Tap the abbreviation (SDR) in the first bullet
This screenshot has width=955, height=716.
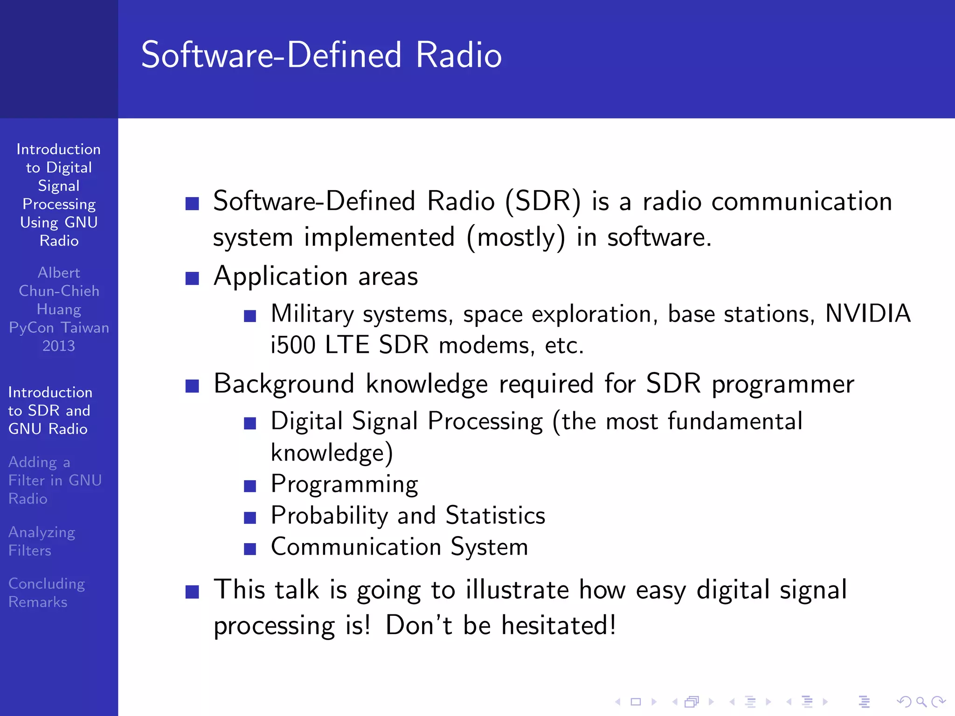click(543, 201)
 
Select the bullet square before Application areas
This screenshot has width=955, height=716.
click(192, 278)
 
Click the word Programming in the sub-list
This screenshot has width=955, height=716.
click(344, 485)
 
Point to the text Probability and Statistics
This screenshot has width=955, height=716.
click(408, 516)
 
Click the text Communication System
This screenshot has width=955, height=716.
click(399, 547)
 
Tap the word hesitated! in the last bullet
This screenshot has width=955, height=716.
click(559, 625)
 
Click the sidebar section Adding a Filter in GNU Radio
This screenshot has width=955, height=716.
click(55, 480)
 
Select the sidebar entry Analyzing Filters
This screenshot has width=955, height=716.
click(42, 541)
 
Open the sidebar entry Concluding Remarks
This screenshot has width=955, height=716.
click(47, 592)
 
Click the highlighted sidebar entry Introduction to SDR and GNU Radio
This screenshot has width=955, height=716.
click(50, 411)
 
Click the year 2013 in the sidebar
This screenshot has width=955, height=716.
click(59, 346)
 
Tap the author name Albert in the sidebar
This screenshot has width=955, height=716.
click(59, 273)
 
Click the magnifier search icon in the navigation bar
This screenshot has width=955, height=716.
click(920, 702)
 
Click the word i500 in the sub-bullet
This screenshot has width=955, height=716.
click(293, 345)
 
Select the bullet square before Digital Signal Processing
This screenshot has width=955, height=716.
click(250, 423)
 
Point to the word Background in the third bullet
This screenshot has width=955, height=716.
click(284, 384)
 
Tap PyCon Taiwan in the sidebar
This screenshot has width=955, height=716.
click(59, 328)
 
